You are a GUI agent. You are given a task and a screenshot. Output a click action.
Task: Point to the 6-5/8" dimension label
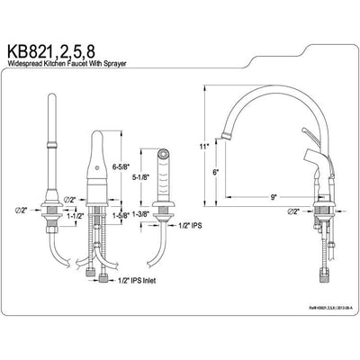[121, 166]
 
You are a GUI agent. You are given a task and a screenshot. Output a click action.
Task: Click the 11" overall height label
[205, 145]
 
